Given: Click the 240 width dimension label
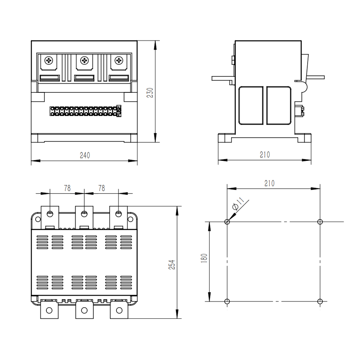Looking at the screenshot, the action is point(85,156).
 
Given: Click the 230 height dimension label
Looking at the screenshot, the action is point(150,92).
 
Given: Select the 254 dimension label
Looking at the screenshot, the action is point(172,264).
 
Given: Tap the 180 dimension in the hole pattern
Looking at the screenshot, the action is point(204,258).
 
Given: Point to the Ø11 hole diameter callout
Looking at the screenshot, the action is point(238,204).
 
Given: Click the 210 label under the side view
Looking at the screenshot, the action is point(265,155).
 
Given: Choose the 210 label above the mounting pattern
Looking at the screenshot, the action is point(269,184).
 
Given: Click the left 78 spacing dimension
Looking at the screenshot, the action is point(67,188).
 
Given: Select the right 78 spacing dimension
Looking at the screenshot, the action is point(102,188).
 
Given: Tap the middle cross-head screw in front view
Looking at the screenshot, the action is point(84,61).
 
